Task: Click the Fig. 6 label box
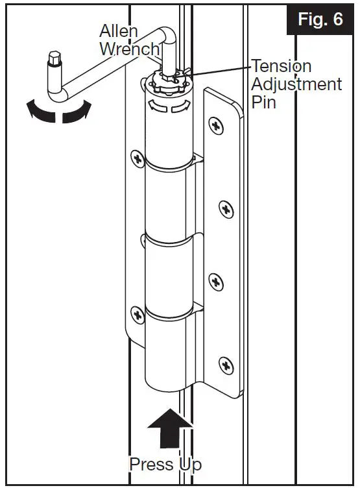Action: [x=320, y=19]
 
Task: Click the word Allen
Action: [x=118, y=31]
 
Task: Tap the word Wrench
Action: [x=130, y=49]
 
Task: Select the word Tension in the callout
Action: [x=282, y=66]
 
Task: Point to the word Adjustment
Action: [x=296, y=84]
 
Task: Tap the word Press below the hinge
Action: [x=152, y=465]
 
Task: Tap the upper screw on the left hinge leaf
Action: [x=137, y=158]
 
